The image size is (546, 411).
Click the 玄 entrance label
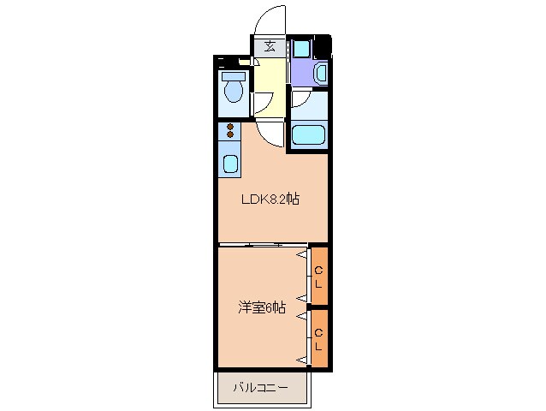270,46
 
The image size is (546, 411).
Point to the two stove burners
229,131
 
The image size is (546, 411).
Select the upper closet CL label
318,277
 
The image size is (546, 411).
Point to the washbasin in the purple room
320,74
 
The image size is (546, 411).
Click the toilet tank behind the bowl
232,74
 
